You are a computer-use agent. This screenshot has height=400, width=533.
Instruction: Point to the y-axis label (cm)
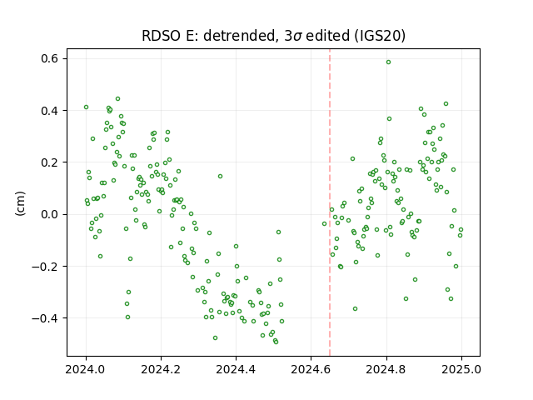pyautogui.click(x=20, y=203)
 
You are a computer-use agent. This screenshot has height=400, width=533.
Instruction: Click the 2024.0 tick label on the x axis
pyautogui.click(x=86, y=369)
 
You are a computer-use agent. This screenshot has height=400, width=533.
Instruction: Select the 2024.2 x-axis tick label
pyautogui.click(x=161, y=369)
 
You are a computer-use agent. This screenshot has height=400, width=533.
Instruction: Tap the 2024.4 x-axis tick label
pyautogui.click(x=236, y=369)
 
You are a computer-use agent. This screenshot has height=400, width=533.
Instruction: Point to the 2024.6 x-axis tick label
pyautogui.click(x=311, y=369)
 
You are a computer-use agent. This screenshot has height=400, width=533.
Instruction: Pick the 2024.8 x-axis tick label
pyautogui.click(x=386, y=369)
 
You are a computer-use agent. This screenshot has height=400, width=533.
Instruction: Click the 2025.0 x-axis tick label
pyautogui.click(x=461, y=369)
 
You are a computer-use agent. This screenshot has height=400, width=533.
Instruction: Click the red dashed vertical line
pyautogui.click(x=330, y=202)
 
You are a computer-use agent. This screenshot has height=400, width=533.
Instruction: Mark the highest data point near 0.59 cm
pyautogui.click(x=388, y=62)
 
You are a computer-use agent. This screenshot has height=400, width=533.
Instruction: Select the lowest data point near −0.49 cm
pyautogui.click(x=276, y=342)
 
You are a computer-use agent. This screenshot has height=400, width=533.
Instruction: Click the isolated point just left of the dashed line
pyautogui.click(x=324, y=224)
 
